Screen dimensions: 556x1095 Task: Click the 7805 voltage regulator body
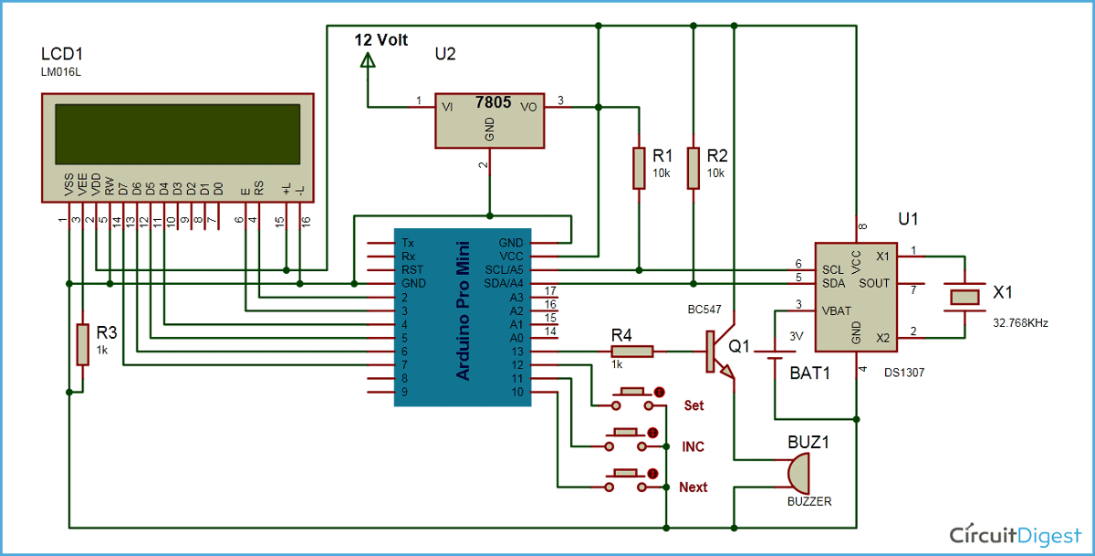(489, 119)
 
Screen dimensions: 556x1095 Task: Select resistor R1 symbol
(639, 167)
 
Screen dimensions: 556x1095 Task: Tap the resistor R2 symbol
(693, 167)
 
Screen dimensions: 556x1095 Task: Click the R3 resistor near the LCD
(82, 344)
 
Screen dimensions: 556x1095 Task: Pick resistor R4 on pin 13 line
(631, 351)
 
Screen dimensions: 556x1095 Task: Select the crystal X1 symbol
(964, 297)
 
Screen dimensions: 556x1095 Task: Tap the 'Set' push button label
(693, 404)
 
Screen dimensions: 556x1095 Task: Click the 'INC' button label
(693, 446)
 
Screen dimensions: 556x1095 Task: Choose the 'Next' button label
(693, 488)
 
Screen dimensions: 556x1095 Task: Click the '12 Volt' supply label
(381, 40)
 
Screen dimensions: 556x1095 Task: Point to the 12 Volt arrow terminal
(368, 61)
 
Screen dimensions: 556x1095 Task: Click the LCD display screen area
(177, 132)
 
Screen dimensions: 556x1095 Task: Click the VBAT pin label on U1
(837, 310)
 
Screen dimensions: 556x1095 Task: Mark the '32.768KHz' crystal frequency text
(1020, 322)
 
